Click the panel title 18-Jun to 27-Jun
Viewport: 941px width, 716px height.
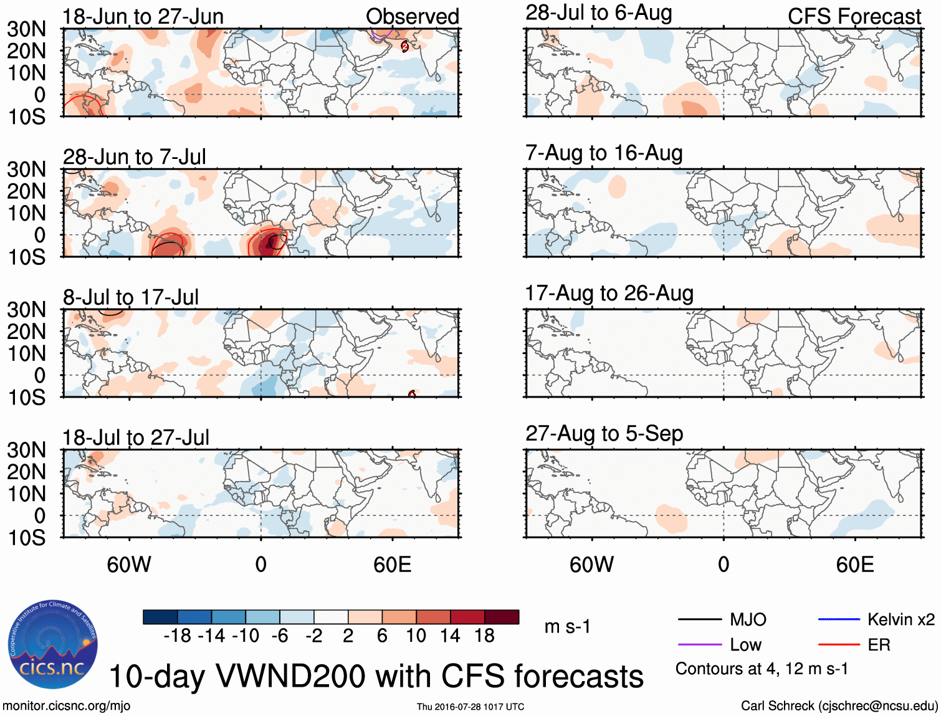[143, 17]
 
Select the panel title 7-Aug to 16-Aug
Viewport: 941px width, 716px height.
[604, 153]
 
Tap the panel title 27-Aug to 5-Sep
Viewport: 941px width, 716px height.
[604, 434]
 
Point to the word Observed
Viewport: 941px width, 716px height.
[412, 17]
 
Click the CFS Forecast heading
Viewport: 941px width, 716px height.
[854, 17]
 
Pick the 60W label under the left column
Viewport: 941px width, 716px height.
[129, 565]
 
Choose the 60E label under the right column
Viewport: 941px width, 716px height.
[854, 565]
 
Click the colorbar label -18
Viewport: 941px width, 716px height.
[177, 636]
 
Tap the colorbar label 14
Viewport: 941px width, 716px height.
[450, 636]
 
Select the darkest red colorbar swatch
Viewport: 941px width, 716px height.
[502, 617]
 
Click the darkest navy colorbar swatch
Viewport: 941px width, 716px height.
[160, 617]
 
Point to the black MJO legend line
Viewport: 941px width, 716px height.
[699, 619]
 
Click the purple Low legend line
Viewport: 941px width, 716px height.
[699, 645]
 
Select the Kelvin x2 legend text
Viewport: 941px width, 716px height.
[901, 619]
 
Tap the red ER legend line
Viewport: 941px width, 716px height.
[839, 645]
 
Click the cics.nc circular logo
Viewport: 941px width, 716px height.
[53, 644]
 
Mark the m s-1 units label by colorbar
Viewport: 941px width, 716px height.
[567, 626]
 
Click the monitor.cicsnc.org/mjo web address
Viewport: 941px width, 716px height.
[66, 706]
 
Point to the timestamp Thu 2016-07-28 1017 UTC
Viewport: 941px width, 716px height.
[470, 707]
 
